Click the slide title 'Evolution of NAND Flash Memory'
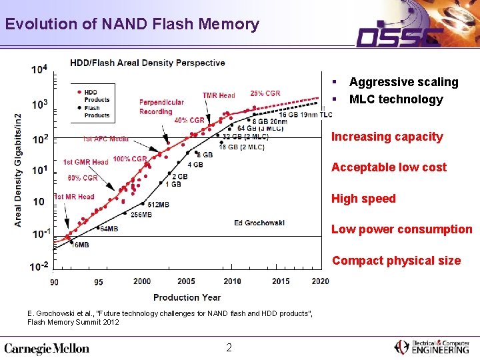(x=131, y=25)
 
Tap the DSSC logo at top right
(x=399, y=35)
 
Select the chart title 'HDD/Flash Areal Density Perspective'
(x=147, y=63)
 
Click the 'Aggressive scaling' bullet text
(x=403, y=82)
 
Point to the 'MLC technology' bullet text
(x=395, y=99)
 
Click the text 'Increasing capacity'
(x=387, y=137)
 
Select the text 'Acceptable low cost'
(x=389, y=167)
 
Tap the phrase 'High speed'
(x=363, y=199)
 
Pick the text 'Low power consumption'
(x=401, y=229)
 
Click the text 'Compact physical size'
(x=396, y=261)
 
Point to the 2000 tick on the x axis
(x=141, y=281)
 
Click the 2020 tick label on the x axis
(x=320, y=281)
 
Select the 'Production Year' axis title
(x=187, y=297)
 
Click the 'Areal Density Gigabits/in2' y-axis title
(x=19, y=168)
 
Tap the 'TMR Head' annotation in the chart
(x=219, y=96)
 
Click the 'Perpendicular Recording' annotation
(x=161, y=107)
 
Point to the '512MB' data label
(x=158, y=205)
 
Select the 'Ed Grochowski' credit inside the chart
(x=259, y=222)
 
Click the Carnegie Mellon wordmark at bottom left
(x=47, y=348)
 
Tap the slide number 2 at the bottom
(x=229, y=347)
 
